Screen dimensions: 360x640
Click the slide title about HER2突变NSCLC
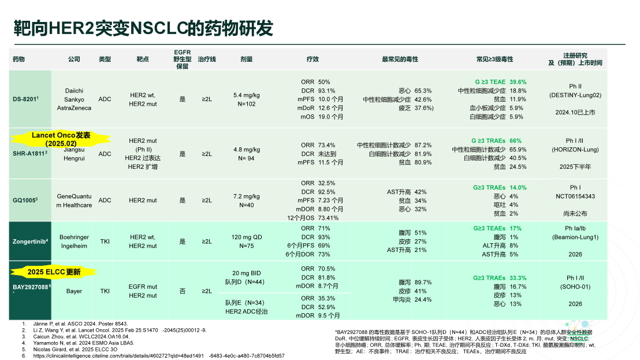point(143,28)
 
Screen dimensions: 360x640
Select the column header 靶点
point(143,60)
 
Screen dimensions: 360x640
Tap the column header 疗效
point(312,60)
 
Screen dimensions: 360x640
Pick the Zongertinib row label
point(31,242)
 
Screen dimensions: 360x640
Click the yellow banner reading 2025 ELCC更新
point(54,272)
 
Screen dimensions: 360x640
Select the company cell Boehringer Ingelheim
point(74,242)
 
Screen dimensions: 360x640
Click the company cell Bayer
point(74,291)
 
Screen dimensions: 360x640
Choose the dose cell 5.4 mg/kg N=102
point(247,99)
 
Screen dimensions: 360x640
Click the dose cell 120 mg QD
point(247,237)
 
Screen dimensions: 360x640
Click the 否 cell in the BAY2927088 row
point(183,291)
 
